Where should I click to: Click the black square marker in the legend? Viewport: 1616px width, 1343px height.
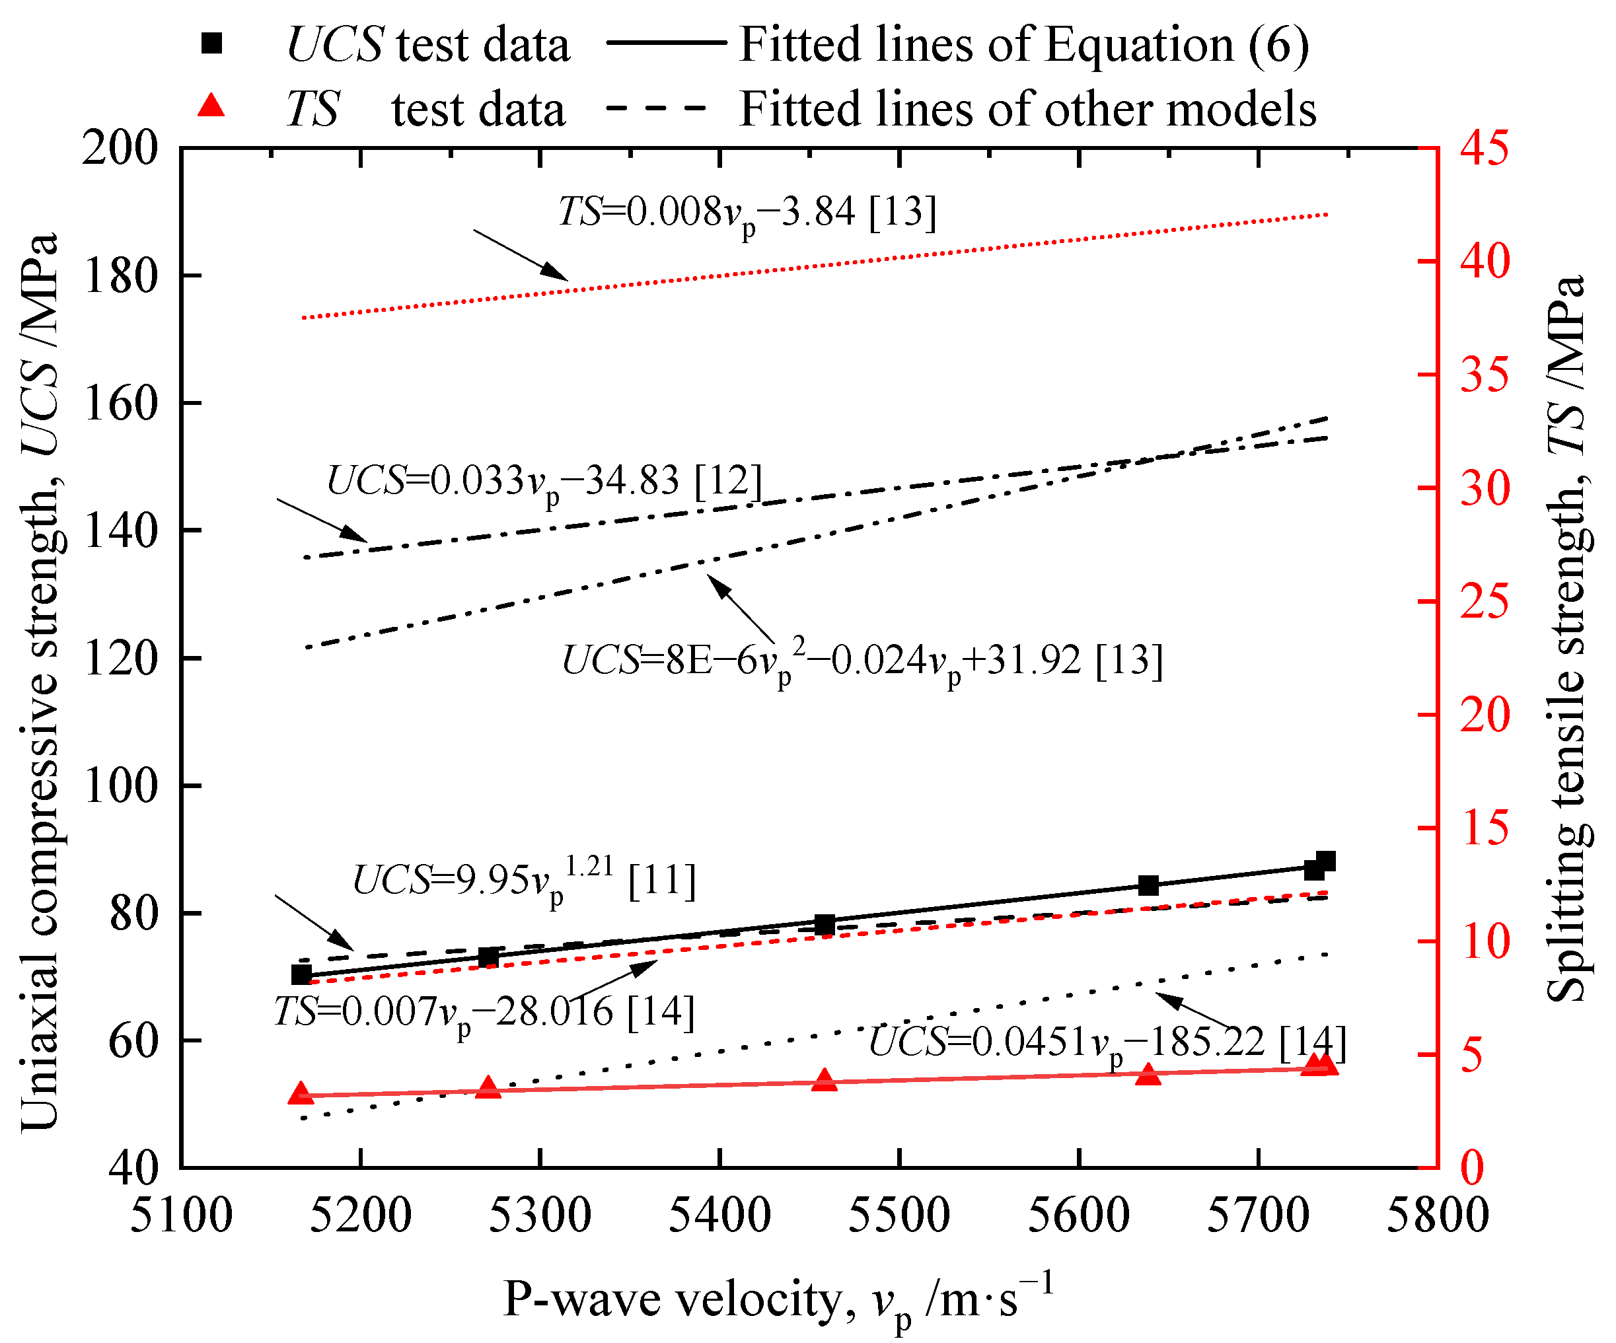[211, 44]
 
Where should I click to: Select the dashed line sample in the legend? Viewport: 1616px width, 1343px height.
[655, 108]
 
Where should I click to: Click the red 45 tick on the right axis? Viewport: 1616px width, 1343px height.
[1485, 148]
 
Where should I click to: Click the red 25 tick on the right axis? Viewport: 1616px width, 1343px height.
[1485, 602]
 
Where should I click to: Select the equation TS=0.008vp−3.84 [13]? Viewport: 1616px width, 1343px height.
[747, 213]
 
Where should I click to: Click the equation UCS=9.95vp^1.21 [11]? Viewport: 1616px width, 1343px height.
[524, 881]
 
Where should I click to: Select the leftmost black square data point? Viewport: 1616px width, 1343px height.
[301, 974]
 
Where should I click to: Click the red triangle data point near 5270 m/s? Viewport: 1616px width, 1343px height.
[488, 1087]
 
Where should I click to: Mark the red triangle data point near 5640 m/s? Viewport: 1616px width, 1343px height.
[1148, 1074]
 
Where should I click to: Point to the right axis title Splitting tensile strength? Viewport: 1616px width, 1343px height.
[1566, 639]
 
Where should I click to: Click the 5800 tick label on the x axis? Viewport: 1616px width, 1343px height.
[1438, 1217]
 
